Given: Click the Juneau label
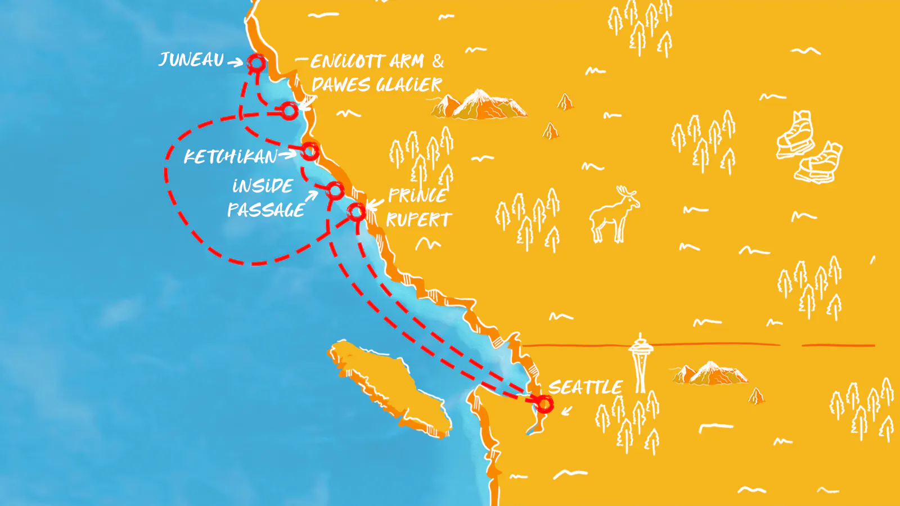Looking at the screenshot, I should click(191, 60).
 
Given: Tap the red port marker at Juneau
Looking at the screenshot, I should click(256, 63).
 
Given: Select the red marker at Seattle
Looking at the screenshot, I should click(544, 404).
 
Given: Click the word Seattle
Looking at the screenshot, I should click(585, 387).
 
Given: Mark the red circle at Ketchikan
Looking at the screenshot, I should click(310, 151).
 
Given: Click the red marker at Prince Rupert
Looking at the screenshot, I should click(357, 212).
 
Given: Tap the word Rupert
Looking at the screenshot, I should click(419, 220).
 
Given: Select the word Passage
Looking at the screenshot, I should click(266, 210).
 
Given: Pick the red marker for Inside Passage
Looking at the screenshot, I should click(335, 191).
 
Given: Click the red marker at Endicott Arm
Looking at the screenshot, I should click(289, 111).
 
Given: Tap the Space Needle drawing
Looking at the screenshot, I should click(640, 363).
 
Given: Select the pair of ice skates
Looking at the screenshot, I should click(808, 147).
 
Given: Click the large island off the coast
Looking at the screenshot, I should click(390, 387).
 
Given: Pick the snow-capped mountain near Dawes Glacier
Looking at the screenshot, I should click(481, 105).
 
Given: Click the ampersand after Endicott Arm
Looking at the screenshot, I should click(438, 61).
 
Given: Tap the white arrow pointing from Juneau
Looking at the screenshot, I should click(235, 62).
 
